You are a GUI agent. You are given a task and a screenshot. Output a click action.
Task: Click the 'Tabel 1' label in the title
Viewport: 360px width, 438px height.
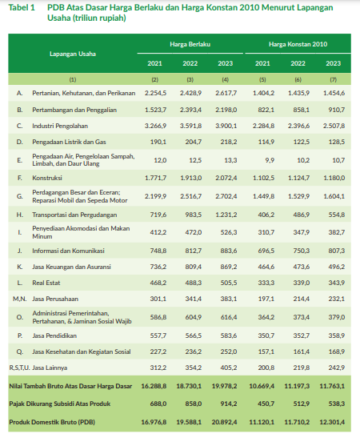coord(22,7)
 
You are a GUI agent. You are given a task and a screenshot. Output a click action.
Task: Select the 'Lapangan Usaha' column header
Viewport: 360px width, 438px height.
coord(73,54)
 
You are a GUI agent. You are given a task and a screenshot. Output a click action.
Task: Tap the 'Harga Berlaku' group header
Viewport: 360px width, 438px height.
coord(190,44)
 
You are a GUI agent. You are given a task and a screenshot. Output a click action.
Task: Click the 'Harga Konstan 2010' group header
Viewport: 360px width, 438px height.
coord(298,44)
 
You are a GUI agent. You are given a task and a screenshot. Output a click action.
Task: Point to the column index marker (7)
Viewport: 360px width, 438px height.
coord(334,79)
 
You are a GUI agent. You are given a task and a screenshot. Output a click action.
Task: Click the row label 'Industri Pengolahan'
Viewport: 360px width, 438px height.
coord(60,126)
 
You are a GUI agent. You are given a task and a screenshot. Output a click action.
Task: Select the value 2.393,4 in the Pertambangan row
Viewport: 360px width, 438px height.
coord(190,110)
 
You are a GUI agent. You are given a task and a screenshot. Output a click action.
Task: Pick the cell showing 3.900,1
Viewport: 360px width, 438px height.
coord(226,126)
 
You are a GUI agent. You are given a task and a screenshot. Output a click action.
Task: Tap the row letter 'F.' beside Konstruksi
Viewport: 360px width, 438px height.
coord(20,178)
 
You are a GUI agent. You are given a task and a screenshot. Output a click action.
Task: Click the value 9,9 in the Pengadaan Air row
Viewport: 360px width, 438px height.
coord(270,160)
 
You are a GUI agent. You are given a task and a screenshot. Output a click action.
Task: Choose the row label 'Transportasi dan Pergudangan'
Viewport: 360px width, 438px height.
coord(74,215)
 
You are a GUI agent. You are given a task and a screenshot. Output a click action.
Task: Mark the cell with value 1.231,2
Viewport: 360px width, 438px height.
coord(226,215)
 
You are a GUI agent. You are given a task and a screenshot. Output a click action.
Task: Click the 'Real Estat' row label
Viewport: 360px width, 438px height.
coord(46,283)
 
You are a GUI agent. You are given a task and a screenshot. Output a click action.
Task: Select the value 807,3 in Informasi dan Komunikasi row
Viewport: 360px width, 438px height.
coord(337,251)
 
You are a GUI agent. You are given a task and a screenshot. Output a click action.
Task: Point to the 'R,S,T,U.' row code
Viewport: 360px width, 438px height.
coord(19,368)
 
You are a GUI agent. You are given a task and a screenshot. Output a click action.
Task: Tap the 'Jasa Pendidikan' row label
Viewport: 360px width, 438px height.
coord(54,336)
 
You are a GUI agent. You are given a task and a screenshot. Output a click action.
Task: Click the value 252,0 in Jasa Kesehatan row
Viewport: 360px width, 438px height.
coord(229,352)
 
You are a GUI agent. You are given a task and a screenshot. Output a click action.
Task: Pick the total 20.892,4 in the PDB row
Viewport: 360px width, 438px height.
coord(224,422)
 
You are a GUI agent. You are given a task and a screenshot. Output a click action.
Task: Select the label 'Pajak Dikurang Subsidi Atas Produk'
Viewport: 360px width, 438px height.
coord(60,404)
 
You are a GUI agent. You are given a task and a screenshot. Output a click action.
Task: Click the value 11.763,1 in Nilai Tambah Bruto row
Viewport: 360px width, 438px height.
coord(332,386)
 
